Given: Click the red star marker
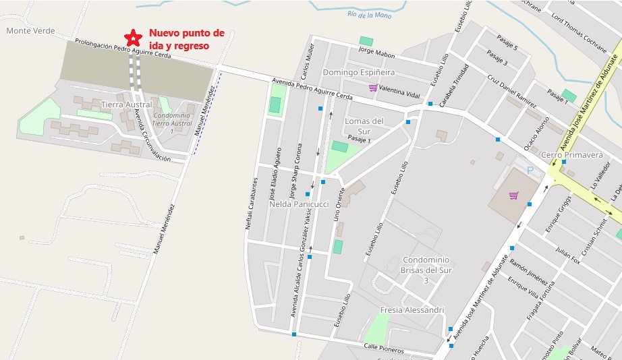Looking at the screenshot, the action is [133, 37].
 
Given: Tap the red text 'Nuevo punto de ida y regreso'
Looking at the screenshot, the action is [186, 39].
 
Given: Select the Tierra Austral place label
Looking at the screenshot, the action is [126, 104].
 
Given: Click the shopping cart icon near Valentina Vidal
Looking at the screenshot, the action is [372, 88].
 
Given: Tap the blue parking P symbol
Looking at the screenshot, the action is [530, 171].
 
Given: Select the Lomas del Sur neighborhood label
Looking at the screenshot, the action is [364, 126].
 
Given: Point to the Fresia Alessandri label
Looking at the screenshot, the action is [412, 310].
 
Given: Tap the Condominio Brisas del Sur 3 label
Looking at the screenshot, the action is [426, 270].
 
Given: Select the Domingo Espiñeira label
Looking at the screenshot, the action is [358, 72].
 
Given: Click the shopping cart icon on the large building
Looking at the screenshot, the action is [514, 196].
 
